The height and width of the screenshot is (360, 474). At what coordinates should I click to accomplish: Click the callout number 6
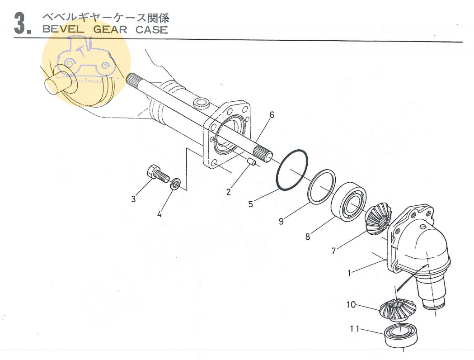(272, 115)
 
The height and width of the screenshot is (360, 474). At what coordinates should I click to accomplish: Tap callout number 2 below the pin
(229, 192)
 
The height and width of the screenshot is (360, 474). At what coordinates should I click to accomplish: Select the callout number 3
(133, 199)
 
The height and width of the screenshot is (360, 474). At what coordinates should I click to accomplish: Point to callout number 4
(159, 214)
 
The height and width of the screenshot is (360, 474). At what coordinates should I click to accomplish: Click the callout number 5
(251, 204)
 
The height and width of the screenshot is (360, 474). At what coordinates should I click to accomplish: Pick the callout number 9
(281, 221)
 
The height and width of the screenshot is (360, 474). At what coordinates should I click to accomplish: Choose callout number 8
(308, 236)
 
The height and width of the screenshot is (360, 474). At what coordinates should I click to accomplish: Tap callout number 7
(333, 251)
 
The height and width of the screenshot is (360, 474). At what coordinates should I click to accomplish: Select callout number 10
(351, 304)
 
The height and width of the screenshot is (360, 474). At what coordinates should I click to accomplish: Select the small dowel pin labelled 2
(253, 161)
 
